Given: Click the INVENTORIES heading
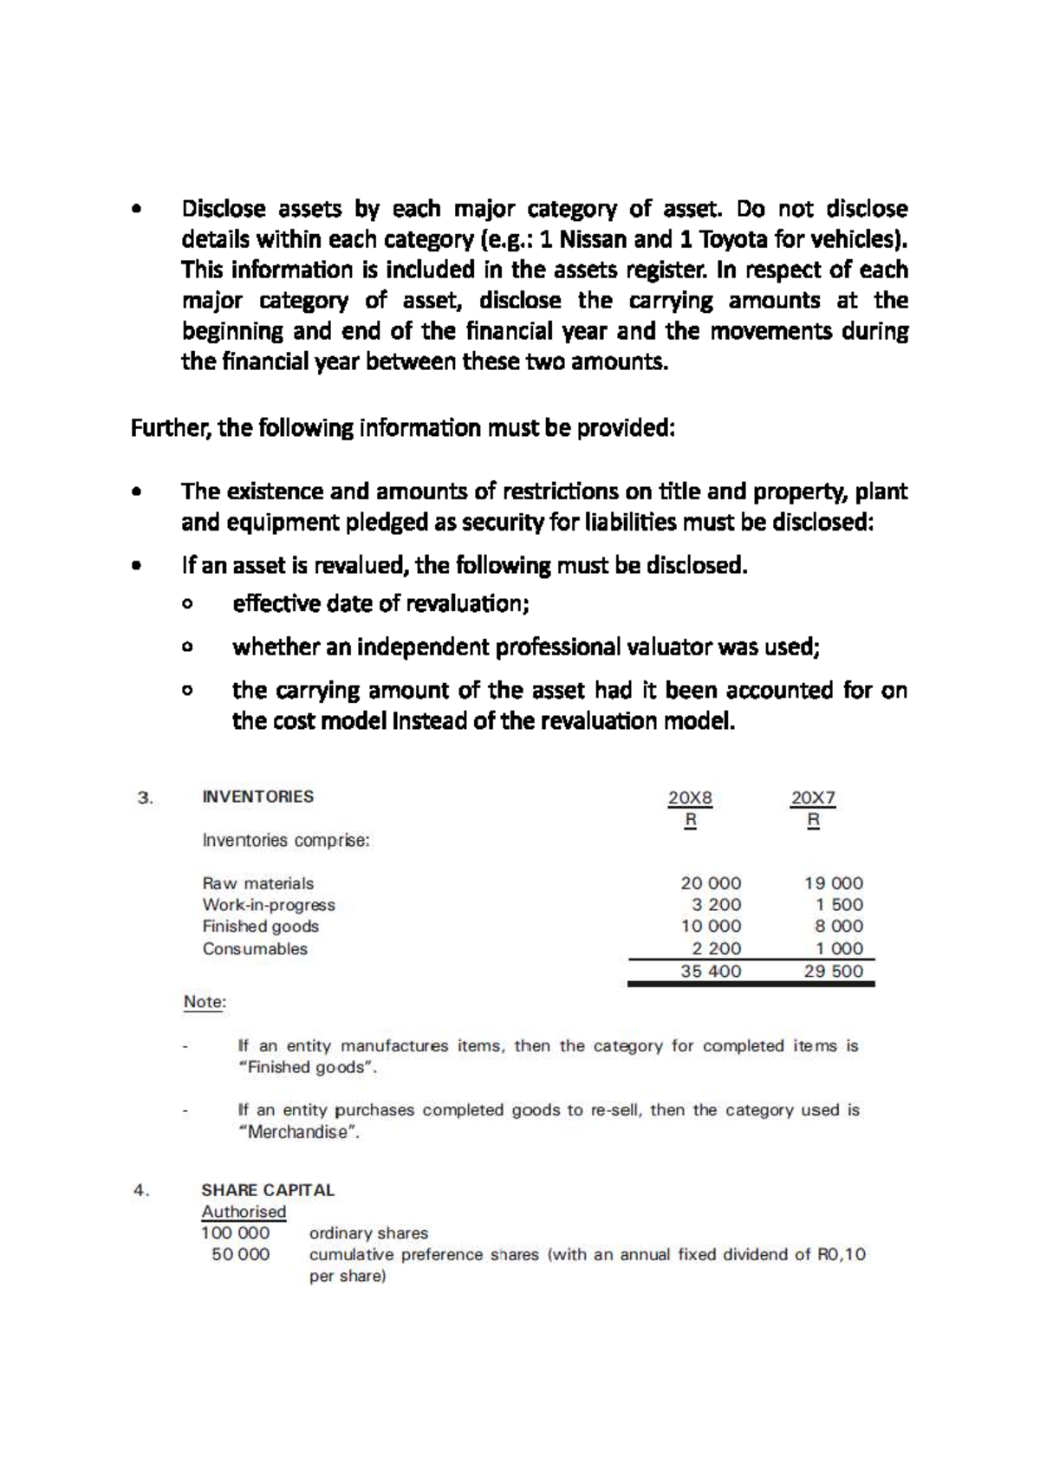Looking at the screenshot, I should coord(257,797).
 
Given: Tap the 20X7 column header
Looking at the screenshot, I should coord(812,798).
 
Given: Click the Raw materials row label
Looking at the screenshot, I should coord(257,883).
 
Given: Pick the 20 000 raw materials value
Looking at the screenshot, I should coord(711,883).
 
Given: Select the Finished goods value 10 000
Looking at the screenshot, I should coord(711,927).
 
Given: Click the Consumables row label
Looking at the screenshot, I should coord(255,948).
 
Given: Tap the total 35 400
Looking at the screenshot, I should coord(711,972).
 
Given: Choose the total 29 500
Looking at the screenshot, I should coord(833,972).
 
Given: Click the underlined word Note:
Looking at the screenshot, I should coord(205,1003).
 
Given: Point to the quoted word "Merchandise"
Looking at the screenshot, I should coord(298,1132).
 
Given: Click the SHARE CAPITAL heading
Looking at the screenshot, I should coord(268,1190).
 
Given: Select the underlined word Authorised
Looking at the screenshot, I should coord(244,1212).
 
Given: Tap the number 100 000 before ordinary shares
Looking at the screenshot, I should coord(236,1233).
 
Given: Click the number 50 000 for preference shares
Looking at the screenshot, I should coord(240,1255).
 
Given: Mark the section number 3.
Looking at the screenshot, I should coord(146,798).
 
